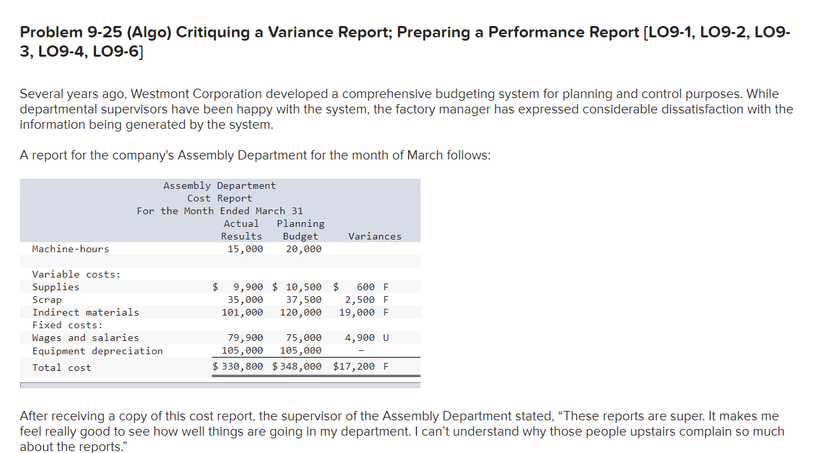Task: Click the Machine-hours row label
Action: [x=71, y=249]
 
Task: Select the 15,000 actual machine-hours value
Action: [x=245, y=249]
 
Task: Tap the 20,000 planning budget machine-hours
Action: [x=303, y=249]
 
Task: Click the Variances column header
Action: [x=375, y=236]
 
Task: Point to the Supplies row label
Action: [x=56, y=287]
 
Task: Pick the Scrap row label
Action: [x=47, y=300]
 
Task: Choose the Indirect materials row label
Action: [x=86, y=312]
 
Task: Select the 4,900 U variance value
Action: [x=367, y=338]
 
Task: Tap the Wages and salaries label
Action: [x=86, y=338]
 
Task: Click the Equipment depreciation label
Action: [x=97, y=351]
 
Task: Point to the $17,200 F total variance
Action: [x=361, y=366]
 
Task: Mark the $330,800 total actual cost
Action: [x=239, y=366]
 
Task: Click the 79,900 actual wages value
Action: [x=245, y=338]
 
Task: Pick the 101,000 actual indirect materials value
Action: [x=243, y=312]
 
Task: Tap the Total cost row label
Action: [x=62, y=368]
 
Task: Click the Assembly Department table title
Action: [x=219, y=185]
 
